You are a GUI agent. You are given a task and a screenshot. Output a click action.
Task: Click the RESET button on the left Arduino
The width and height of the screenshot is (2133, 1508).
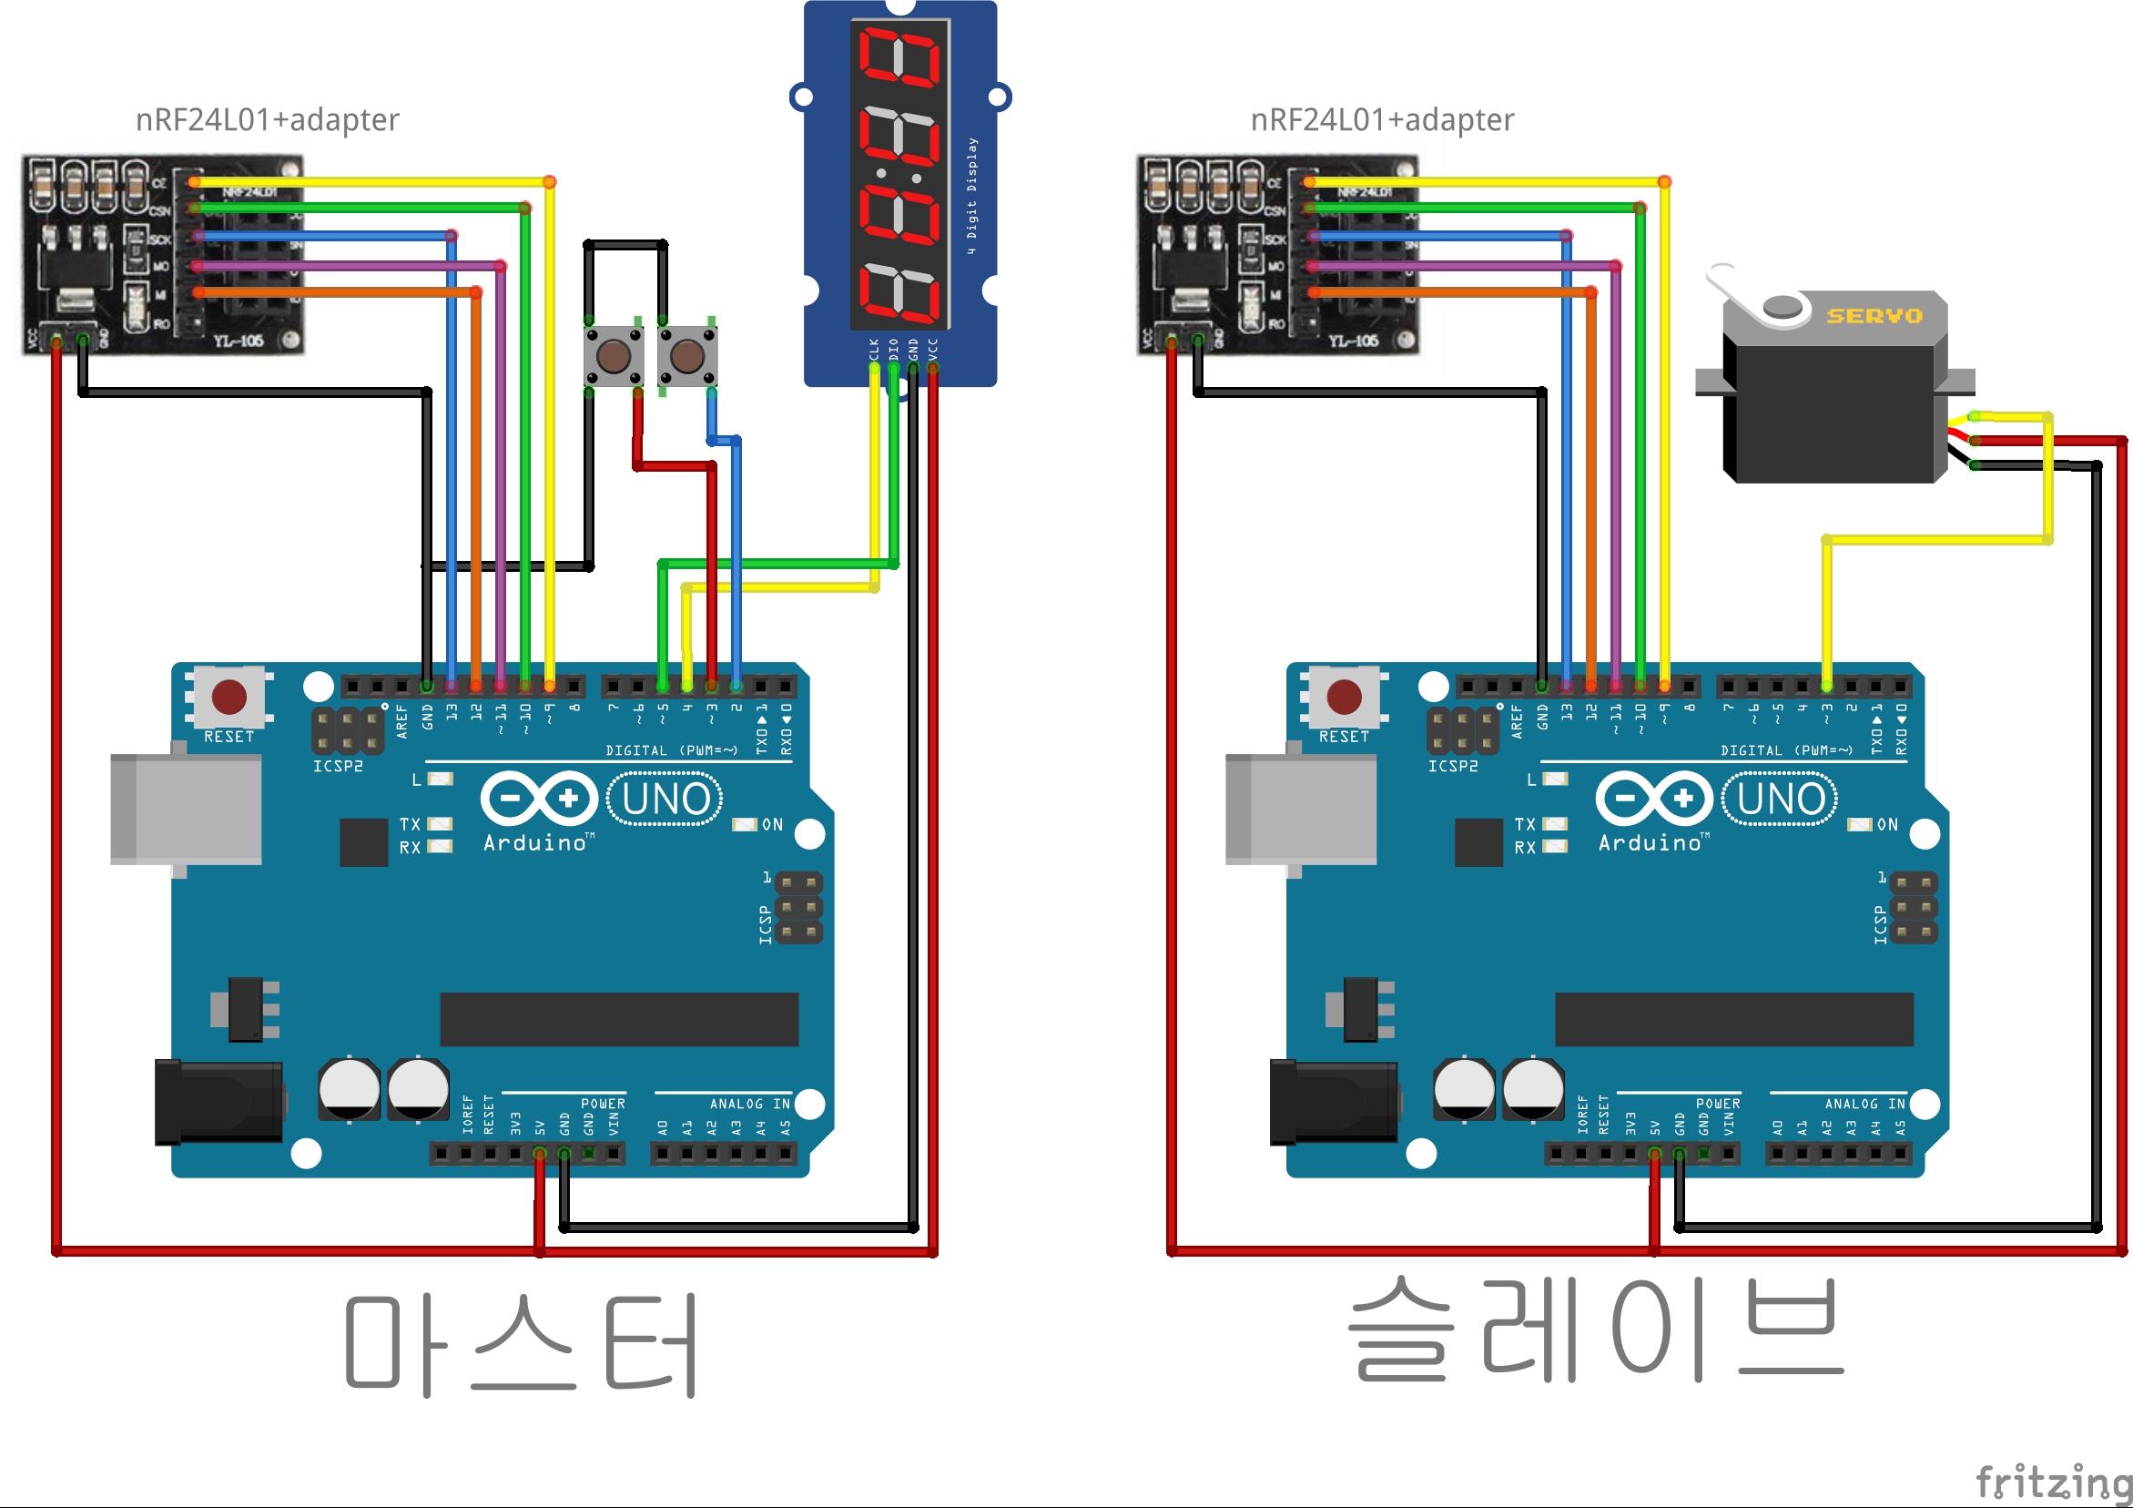[229, 697]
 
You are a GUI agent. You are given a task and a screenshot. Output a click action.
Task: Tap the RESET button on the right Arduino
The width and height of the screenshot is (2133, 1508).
[1345, 697]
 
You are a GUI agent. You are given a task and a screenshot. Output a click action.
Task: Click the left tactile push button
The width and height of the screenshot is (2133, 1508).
[614, 355]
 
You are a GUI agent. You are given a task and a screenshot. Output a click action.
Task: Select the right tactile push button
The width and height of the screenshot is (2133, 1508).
[686, 355]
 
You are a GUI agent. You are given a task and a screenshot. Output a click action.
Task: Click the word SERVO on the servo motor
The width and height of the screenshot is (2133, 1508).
[1874, 316]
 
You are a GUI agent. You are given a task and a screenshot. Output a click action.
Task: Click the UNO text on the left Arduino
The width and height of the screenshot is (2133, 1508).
[665, 799]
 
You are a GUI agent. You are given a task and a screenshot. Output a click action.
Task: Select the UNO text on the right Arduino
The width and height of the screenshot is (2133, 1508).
[1780, 799]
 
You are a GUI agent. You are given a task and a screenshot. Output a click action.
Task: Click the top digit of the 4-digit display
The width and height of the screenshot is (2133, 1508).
[899, 56]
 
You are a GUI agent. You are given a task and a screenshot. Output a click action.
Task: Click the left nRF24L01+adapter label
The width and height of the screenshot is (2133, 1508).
[268, 120]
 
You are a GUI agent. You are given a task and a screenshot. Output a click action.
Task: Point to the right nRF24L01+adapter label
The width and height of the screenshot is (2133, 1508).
[1382, 120]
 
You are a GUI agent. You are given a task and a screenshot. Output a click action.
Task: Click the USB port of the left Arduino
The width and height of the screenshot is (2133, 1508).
[186, 809]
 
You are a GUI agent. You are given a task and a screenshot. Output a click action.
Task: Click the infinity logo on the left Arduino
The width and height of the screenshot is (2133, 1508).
[539, 798]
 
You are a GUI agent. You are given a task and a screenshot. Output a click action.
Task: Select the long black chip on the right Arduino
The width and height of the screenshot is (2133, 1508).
[1733, 1019]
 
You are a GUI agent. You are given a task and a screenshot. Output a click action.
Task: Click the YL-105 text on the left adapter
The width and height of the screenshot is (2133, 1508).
[239, 341]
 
